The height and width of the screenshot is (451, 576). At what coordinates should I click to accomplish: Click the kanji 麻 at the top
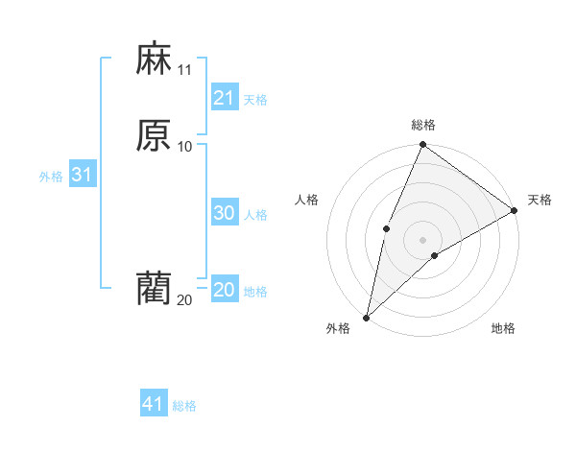(x=154, y=59)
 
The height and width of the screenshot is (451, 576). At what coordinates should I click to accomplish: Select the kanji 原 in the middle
(x=154, y=135)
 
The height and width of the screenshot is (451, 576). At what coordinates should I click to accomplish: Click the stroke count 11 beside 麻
(x=185, y=70)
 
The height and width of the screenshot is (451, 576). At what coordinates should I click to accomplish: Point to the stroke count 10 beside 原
(x=185, y=146)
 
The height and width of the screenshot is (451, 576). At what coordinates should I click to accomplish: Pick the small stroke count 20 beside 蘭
(x=185, y=300)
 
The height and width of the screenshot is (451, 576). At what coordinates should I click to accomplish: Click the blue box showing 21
(x=225, y=98)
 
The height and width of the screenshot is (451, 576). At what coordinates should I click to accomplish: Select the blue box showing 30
(x=225, y=213)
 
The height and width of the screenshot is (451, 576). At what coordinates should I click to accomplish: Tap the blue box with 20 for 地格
(x=225, y=290)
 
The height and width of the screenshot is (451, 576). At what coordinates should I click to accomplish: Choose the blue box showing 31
(x=82, y=175)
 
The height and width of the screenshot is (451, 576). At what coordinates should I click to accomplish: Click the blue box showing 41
(x=154, y=404)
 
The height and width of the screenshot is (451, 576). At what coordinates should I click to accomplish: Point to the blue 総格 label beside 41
(x=184, y=406)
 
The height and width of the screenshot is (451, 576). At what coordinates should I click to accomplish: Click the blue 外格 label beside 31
(x=51, y=177)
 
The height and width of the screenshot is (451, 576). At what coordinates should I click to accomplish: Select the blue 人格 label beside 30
(x=256, y=215)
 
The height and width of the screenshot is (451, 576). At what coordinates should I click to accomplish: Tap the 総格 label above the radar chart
(x=423, y=125)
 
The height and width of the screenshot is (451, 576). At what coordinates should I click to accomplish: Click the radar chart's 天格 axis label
(x=540, y=200)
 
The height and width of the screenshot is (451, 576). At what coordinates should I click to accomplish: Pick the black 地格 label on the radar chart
(x=503, y=328)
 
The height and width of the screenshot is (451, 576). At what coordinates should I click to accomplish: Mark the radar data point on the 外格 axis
(x=366, y=317)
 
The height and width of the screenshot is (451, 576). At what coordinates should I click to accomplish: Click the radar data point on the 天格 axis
(x=515, y=210)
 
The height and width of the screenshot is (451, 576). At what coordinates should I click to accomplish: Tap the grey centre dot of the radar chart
(x=422, y=239)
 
